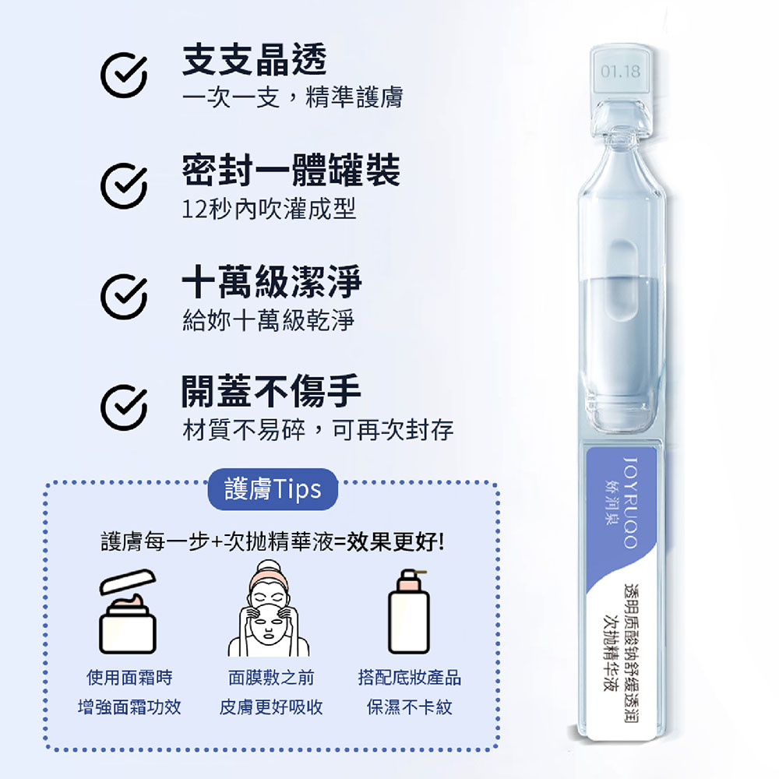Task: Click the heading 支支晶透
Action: (254, 60)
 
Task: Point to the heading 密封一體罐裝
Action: (291, 171)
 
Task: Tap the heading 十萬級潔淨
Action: (272, 281)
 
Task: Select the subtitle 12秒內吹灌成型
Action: (269, 210)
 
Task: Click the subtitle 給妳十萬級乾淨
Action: (269, 319)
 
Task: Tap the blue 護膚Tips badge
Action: (273, 489)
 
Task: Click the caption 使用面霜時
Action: (129, 678)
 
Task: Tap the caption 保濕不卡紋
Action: (409, 707)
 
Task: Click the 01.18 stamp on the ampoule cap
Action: (621, 73)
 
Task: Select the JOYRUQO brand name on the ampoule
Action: (631, 499)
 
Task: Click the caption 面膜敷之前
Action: (270, 678)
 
